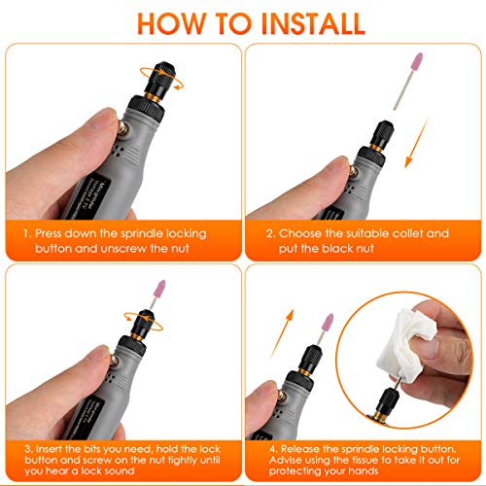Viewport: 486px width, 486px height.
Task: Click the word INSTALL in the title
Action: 313,23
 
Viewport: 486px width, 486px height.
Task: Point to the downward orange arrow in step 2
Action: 417,143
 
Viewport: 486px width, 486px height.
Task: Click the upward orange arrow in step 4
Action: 283,333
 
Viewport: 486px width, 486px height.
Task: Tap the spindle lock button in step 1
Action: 124,129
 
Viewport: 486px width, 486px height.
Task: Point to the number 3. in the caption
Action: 29,449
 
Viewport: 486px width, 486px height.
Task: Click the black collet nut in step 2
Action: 383,133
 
